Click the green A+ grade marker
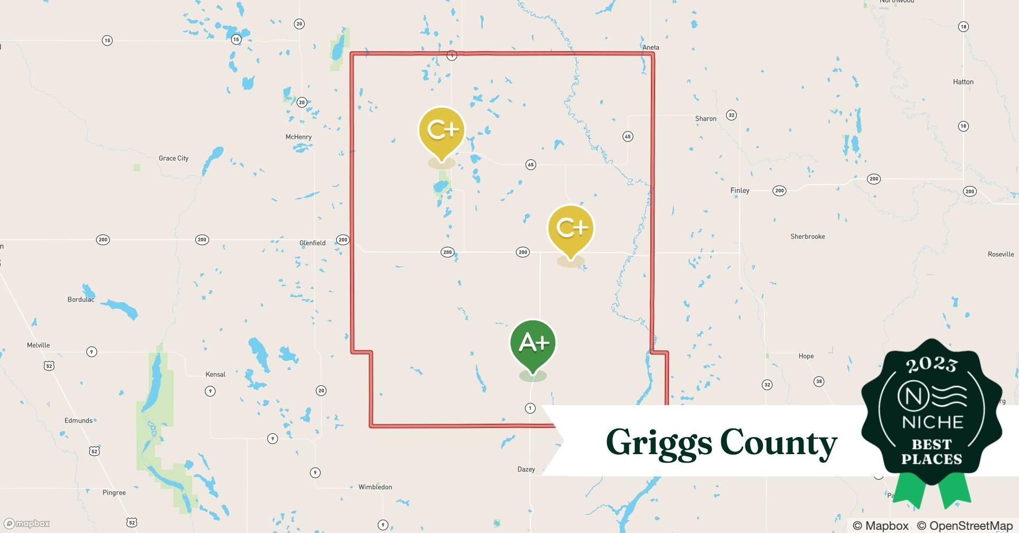point(533,343)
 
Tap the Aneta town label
point(650,47)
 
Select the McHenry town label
point(298,137)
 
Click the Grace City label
point(173,158)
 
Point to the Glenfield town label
point(312,243)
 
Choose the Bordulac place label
point(81,300)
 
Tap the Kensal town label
point(216,374)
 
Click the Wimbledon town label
point(375,487)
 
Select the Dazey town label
point(526,470)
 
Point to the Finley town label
point(739,190)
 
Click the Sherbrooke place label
point(807,237)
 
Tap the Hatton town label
point(963,82)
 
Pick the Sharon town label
point(705,119)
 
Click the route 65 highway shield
point(530,165)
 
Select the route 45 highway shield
point(627,136)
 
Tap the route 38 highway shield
point(818,381)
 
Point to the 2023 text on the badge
point(932,365)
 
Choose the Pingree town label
point(114,492)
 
